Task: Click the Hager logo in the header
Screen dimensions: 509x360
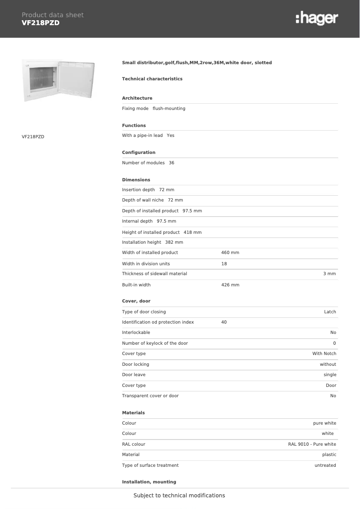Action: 317,18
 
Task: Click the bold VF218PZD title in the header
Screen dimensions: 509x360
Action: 40,23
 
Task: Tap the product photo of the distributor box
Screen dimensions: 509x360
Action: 59,80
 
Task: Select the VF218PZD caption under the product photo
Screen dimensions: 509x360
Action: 33,136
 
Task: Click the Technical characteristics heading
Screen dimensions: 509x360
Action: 152,79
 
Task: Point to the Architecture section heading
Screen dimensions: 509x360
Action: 137,98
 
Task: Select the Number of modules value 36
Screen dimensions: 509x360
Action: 171,163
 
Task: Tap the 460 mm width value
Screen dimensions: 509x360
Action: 230,253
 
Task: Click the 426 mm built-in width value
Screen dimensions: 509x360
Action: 230,285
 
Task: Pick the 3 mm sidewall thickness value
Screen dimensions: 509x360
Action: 329,274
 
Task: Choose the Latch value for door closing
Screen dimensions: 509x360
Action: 330,312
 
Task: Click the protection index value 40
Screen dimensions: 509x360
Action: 224,322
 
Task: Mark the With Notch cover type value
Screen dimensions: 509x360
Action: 324,354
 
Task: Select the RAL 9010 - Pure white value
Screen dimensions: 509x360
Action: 312,444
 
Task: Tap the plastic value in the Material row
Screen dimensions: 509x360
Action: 329,455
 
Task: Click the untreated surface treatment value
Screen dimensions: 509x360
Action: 325,465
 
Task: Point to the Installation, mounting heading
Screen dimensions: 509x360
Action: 149,482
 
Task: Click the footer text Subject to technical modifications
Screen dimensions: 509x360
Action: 179,496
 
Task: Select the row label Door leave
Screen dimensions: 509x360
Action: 134,375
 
